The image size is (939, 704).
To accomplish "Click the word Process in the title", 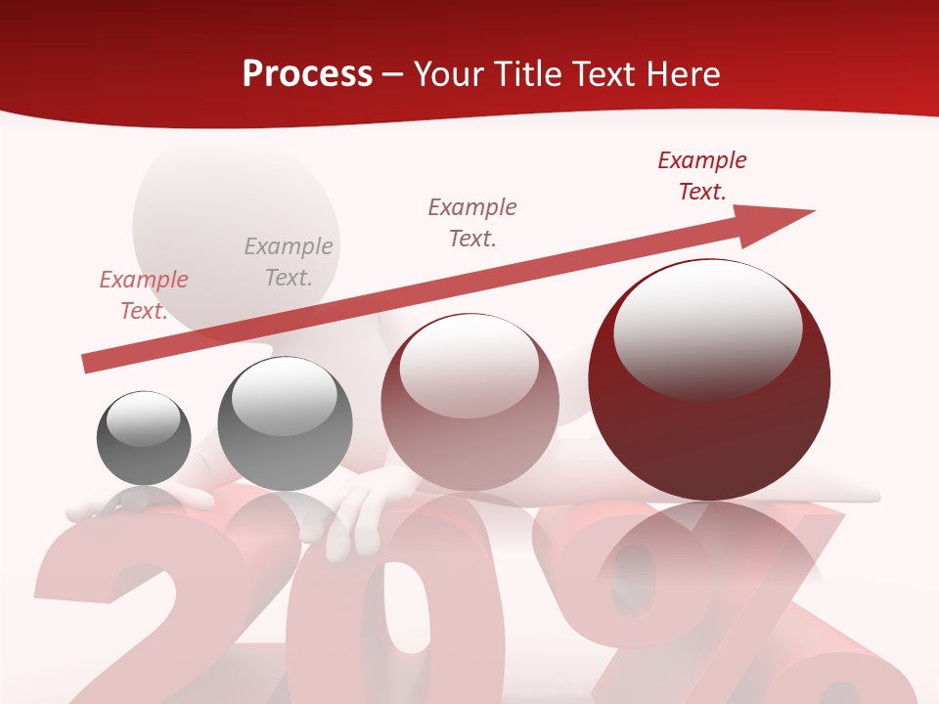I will pyautogui.click(x=307, y=74).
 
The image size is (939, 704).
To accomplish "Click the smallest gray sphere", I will pyautogui.click(x=144, y=438).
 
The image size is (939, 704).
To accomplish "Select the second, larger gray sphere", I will pyautogui.click(x=285, y=424).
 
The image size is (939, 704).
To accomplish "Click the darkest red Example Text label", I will pyautogui.click(x=702, y=176).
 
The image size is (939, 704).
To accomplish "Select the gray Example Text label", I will pyautogui.click(x=289, y=262).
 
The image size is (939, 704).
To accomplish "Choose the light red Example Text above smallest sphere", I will pyautogui.click(x=144, y=295).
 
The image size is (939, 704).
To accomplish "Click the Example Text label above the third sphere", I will pyautogui.click(x=472, y=222).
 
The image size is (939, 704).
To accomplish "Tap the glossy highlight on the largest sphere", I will pyautogui.click(x=707, y=328).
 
